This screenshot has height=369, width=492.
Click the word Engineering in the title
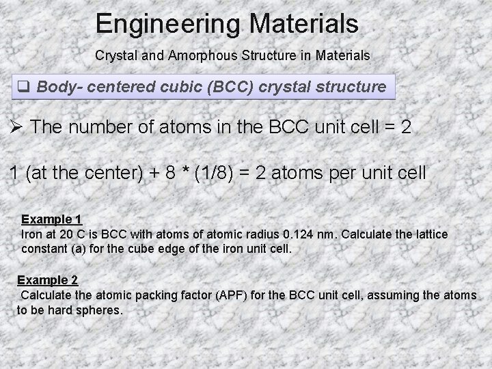tap(167, 25)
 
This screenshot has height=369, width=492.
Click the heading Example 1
tap(52, 219)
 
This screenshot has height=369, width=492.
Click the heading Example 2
tap(47, 280)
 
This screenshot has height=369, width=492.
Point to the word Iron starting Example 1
tap(33, 234)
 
